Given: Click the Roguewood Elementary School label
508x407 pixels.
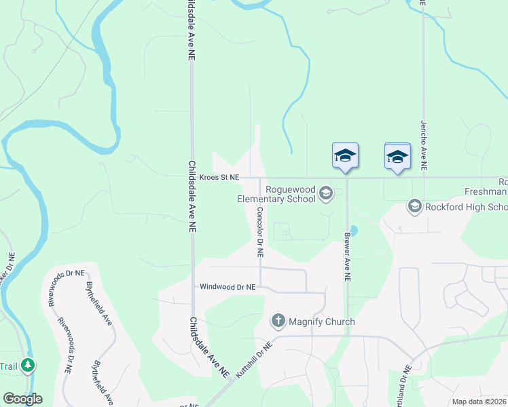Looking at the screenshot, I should point(276,194).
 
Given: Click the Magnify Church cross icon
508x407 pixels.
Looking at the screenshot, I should point(277,320).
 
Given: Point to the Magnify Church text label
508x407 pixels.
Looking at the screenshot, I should point(321,321).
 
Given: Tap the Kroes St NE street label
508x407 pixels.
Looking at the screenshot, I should point(219,177).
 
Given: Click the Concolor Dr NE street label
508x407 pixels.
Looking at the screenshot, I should point(259,231).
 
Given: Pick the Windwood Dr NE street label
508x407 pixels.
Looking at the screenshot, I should point(227,287).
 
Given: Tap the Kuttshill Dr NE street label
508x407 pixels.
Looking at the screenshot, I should point(253,360).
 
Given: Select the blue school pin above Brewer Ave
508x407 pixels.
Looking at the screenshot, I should point(345,155).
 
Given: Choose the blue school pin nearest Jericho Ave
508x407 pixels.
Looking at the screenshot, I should point(397,156).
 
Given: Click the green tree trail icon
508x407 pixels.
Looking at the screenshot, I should point(27,365).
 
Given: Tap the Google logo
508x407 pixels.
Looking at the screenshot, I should point(22,399).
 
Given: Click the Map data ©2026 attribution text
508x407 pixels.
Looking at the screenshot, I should point(479,402).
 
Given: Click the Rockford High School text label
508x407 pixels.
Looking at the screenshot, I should point(467,207).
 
